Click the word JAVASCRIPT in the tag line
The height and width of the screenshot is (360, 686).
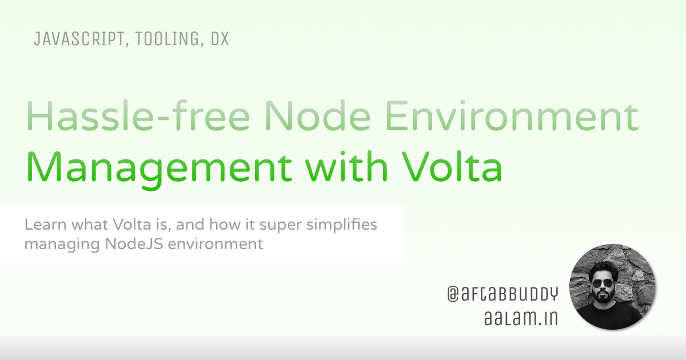point(79,39)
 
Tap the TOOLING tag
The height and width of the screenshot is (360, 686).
point(167,39)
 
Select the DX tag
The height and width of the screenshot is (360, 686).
point(220,39)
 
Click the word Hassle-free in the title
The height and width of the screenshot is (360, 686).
point(138,115)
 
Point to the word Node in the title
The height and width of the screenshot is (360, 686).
point(318,115)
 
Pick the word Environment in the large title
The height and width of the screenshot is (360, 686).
point(512,115)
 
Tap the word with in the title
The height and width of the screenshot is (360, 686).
point(346,166)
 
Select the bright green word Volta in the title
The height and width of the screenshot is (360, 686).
point(452,166)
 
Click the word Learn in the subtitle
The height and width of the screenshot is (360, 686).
point(45,225)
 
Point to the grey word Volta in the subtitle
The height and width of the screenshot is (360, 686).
point(132,225)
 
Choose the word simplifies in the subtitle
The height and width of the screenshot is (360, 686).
point(342,225)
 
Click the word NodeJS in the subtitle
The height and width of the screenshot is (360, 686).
point(134,244)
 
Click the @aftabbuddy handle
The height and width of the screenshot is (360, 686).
point(502,294)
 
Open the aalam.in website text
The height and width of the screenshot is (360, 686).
point(521,318)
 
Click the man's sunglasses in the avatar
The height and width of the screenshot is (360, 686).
point(603,283)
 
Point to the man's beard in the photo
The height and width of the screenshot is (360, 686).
point(603,296)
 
